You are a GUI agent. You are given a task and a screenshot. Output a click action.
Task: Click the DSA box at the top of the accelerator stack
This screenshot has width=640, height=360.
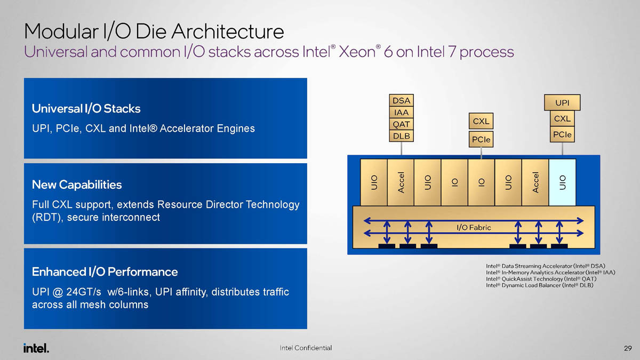402,101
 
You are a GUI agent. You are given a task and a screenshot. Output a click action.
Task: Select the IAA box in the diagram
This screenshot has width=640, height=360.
402,113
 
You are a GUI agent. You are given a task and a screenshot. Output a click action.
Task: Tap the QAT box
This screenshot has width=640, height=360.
402,124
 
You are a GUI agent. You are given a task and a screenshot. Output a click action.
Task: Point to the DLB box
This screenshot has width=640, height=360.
402,136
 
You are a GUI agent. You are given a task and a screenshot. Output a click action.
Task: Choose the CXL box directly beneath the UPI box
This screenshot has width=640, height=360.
562,118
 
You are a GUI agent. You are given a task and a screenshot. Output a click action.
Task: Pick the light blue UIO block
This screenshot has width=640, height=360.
562,182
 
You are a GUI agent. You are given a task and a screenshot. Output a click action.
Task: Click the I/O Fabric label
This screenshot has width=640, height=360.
474,228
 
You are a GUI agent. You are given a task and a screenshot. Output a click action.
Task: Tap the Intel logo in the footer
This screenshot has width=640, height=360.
36,348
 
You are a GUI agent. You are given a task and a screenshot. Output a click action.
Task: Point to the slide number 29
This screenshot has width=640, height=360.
627,348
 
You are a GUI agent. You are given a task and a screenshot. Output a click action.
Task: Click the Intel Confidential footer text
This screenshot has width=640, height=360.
306,348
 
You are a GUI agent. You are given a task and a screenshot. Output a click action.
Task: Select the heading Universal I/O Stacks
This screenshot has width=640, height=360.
86,109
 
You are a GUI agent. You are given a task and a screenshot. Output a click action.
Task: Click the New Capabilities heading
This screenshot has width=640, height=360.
77,185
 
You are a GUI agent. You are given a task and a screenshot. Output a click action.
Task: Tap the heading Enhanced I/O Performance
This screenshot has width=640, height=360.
105,272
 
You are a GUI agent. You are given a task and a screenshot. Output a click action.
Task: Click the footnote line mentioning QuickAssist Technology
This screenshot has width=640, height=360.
541,279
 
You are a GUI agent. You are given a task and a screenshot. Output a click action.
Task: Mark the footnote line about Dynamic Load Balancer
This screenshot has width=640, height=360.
540,286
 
